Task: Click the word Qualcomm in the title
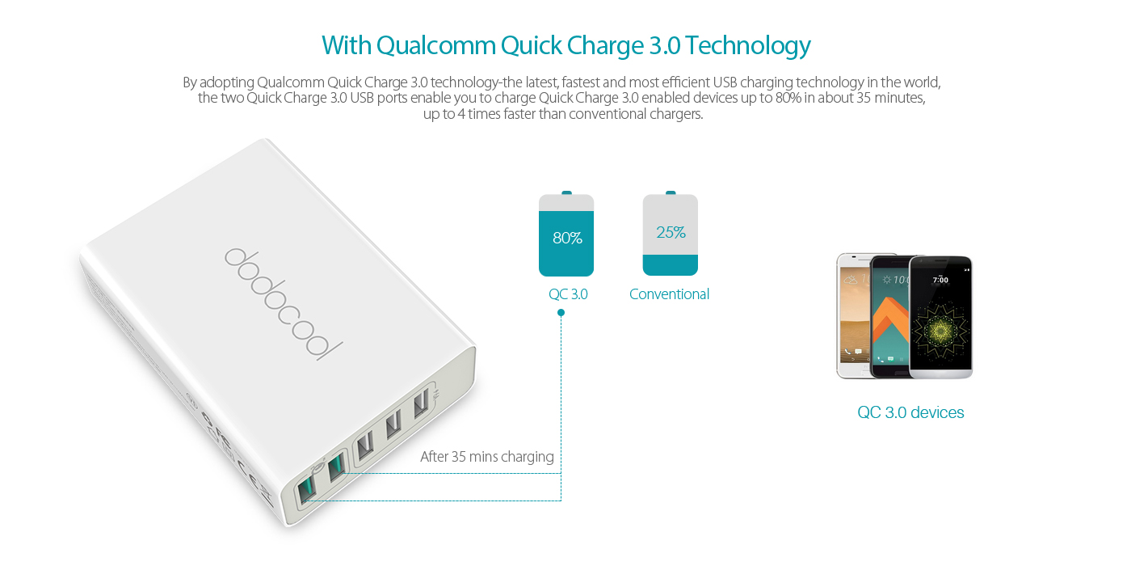point(436,45)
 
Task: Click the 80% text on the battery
point(567,238)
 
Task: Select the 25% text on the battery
point(671,232)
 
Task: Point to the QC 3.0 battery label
point(568,294)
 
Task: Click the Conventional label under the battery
point(669,294)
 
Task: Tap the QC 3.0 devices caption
point(910,412)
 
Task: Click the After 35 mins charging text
point(486,456)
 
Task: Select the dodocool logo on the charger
point(284,303)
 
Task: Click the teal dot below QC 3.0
point(561,313)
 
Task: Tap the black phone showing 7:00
point(940,317)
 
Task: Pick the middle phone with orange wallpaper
point(890,317)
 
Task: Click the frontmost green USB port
point(306,489)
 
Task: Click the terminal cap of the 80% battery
point(566,193)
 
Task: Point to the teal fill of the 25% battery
point(670,265)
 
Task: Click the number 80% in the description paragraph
point(788,98)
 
